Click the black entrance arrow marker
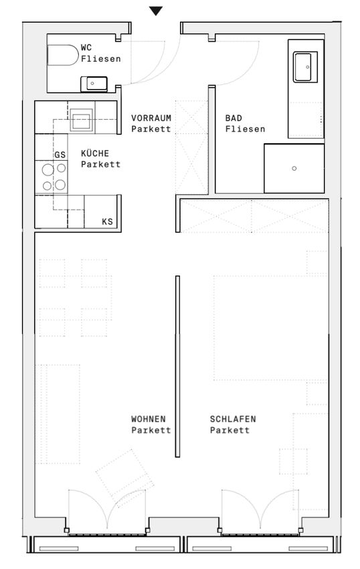click(156, 11)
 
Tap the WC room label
click(86, 48)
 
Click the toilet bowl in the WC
click(63, 55)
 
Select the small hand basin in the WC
click(94, 84)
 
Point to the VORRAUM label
click(151, 118)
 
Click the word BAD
click(234, 118)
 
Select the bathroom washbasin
click(305, 67)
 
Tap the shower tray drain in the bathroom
click(294, 169)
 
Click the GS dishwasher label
click(60, 155)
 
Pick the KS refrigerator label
click(108, 222)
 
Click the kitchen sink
click(81, 119)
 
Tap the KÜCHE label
click(95, 153)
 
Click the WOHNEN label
click(149, 419)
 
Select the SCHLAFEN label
click(233, 419)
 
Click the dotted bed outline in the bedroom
click(270, 328)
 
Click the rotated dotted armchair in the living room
click(125, 473)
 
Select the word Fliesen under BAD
click(246, 129)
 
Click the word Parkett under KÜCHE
click(100, 165)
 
